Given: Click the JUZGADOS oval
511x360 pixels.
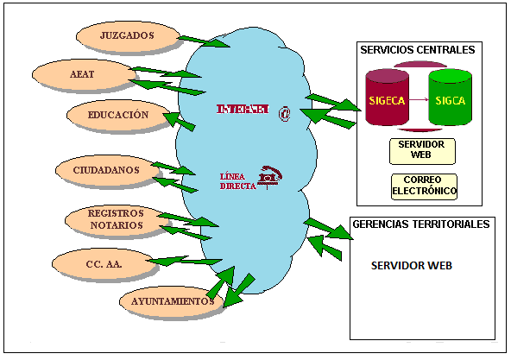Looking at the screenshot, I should tap(127, 36).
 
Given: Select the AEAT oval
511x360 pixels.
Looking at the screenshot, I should tap(76, 74).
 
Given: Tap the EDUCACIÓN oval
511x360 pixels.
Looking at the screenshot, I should tap(117, 115).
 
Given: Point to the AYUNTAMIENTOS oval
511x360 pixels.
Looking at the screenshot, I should tap(171, 301).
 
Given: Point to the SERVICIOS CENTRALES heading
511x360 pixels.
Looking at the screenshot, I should tap(418, 50).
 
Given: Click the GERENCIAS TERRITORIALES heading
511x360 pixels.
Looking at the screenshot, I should tap(421, 224).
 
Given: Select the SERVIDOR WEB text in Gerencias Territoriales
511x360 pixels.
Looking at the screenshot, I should tap(411, 265).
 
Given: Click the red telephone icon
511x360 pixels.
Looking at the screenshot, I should tap(270, 178).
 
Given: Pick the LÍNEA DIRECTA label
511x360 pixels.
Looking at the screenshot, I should tap(237, 181).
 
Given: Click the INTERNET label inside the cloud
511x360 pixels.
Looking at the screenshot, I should tap(243, 110).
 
